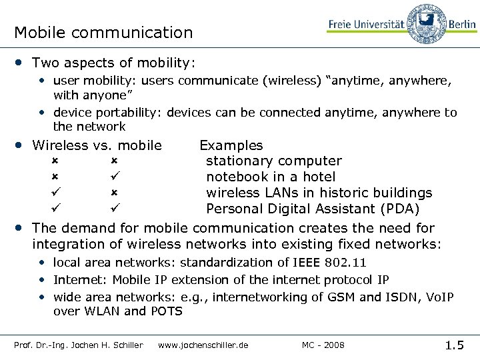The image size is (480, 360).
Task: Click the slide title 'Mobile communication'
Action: [x=103, y=32]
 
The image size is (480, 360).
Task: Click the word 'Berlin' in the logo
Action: [x=461, y=24]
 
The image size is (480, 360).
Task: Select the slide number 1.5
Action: [x=455, y=345]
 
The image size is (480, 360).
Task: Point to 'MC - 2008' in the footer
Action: [x=323, y=345]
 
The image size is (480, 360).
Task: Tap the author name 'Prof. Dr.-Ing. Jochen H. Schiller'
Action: [x=79, y=345]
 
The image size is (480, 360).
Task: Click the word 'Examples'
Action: [x=231, y=145]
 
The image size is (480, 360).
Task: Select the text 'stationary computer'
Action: [x=273, y=161]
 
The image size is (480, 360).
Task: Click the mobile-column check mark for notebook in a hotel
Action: [x=114, y=177]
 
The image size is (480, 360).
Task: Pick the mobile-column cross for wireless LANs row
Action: [x=114, y=193]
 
